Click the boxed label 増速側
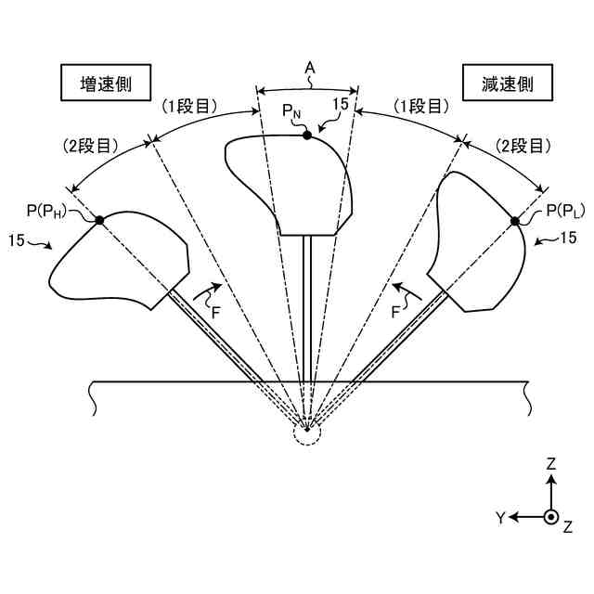click(105, 82)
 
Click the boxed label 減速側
click(507, 83)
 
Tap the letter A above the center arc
click(309, 68)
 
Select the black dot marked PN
click(306, 136)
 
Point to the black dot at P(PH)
click(99, 219)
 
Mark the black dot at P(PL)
click(513, 221)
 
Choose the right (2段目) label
click(524, 145)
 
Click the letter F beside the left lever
click(215, 313)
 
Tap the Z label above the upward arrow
click(551, 463)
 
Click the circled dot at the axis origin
click(551, 517)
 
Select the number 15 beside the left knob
click(15, 239)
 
